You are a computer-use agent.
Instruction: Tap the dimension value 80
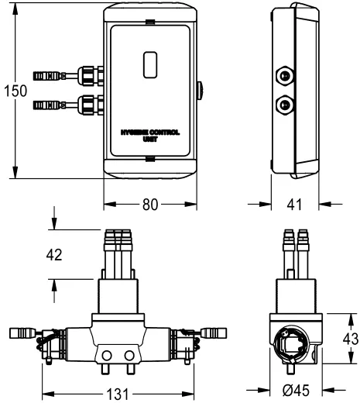tap(150, 205)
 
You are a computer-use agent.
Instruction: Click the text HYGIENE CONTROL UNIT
tap(150, 137)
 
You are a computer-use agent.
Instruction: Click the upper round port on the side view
tap(286, 77)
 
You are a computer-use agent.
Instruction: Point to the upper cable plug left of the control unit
tap(48, 77)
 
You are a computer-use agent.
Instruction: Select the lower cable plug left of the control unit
tap(48, 103)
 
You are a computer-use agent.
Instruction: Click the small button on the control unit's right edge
tap(200, 91)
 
